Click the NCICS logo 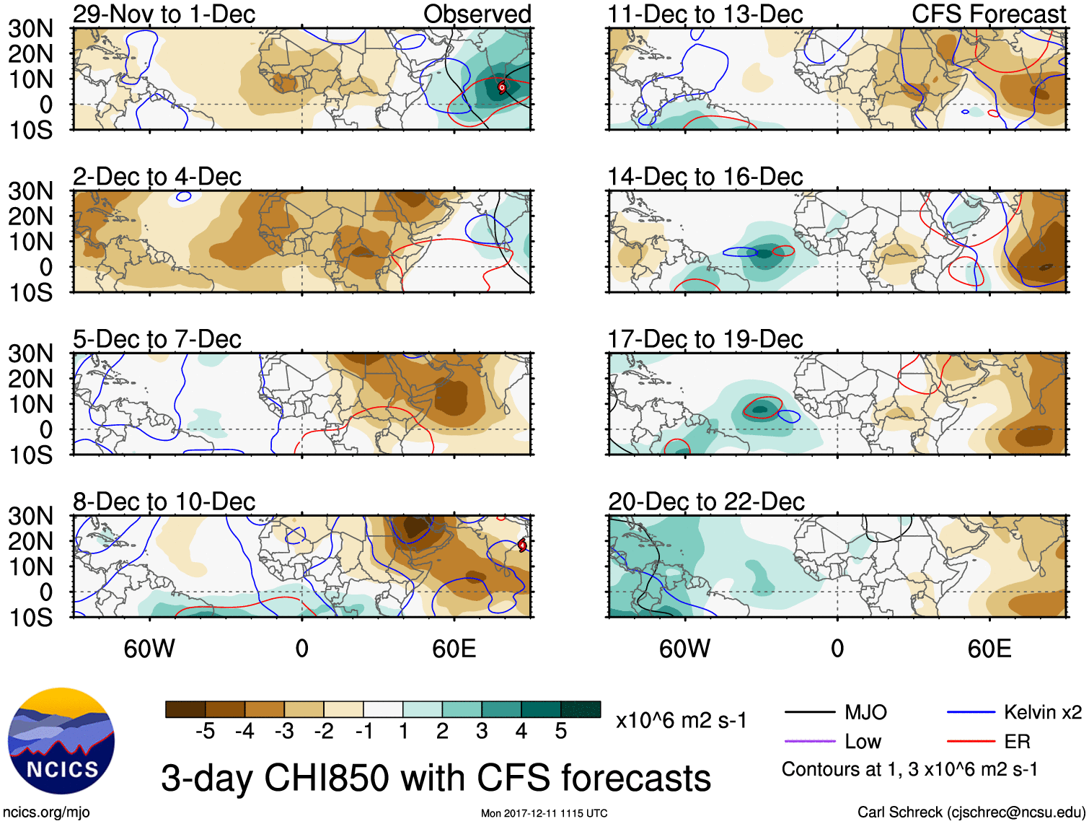(61, 741)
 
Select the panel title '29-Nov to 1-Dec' (164, 14)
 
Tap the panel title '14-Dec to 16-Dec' (705, 177)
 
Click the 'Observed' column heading (477, 14)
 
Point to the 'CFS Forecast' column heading (988, 14)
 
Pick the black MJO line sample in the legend (809, 713)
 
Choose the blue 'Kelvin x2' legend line (971, 713)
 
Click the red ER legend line (971, 741)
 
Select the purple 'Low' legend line (809, 741)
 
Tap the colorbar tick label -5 (205, 732)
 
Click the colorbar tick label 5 (560, 732)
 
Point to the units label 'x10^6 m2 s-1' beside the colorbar (681, 720)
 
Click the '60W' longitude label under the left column (149, 649)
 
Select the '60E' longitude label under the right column (989, 649)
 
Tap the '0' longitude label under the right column (837, 649)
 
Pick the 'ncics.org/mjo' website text (46, 812)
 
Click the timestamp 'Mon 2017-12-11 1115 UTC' (544, 814)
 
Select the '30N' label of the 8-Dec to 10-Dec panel (30, 517)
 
